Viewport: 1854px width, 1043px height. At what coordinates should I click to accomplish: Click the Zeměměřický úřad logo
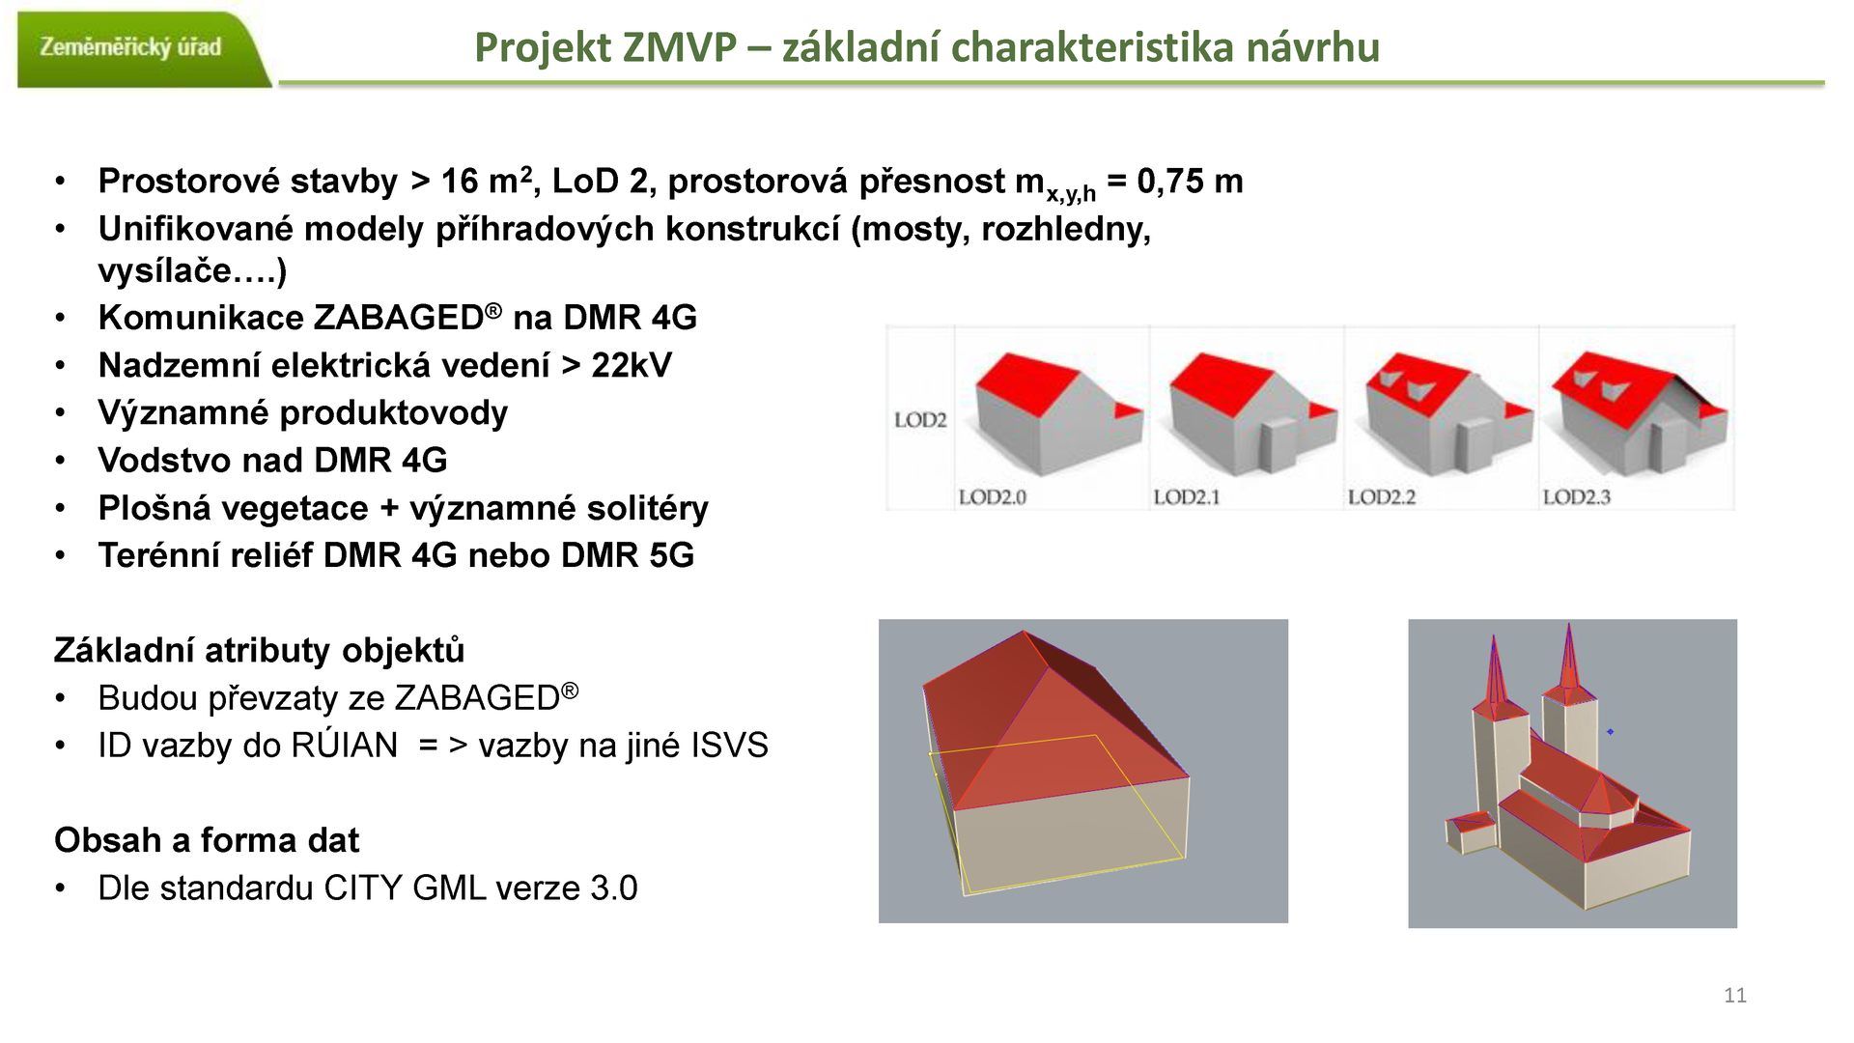point(131,47)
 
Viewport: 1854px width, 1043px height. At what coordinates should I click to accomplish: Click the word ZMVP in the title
point(681,46)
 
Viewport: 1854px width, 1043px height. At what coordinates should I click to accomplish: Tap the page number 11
point(1734,996)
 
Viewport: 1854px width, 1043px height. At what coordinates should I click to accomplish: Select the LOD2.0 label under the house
point(992,497)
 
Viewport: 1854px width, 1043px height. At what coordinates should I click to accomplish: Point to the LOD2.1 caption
point(1187,497)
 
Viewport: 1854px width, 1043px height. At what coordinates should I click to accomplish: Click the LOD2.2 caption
point(1381,497)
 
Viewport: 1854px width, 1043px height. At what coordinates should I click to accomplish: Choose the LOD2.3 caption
point(1576,497)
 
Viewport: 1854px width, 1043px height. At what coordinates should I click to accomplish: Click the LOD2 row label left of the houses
point(919,420)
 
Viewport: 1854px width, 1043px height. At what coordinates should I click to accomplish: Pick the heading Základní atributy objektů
point(259,651)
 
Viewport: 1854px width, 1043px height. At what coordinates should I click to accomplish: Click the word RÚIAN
point(344,746)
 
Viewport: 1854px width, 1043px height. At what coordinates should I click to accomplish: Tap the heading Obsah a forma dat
point(207,840)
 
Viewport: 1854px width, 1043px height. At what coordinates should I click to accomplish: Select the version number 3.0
point(613,888)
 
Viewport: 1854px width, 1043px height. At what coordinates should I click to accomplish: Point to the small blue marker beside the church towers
point(1610,732)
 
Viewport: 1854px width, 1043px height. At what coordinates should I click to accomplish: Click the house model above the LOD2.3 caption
point(1637,410)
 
